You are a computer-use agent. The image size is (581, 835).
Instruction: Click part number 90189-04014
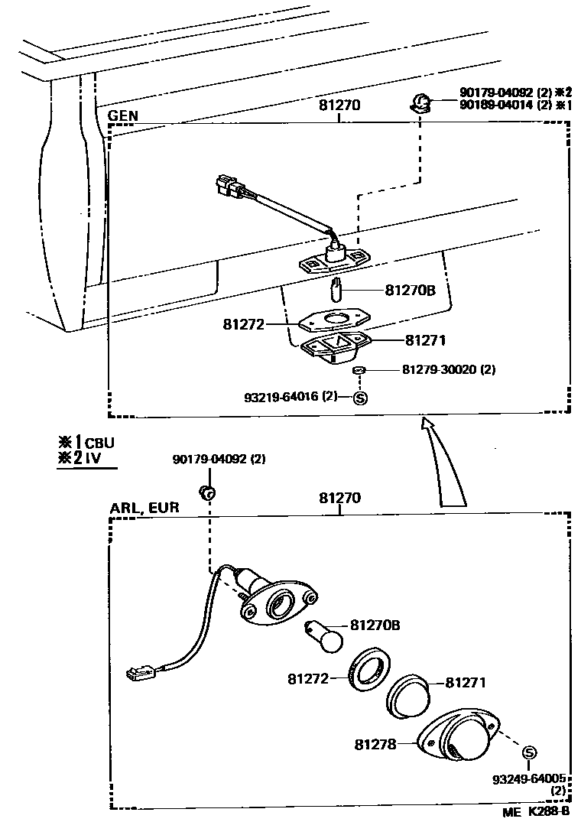pos(501,105)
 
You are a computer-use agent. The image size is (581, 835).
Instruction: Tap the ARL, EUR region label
pos(144,508)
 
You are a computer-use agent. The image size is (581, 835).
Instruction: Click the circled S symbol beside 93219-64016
pos(361,397)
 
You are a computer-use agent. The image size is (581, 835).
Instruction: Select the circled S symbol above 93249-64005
pos(528,754)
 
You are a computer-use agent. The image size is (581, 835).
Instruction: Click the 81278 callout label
pos(375,743)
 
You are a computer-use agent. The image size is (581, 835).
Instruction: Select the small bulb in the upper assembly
pos(335,291)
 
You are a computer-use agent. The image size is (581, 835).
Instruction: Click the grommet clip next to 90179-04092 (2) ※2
pos(420,102)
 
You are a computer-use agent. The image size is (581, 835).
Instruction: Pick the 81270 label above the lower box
pos(339,498)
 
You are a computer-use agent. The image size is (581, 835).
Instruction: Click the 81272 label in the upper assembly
pos(243,324)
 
